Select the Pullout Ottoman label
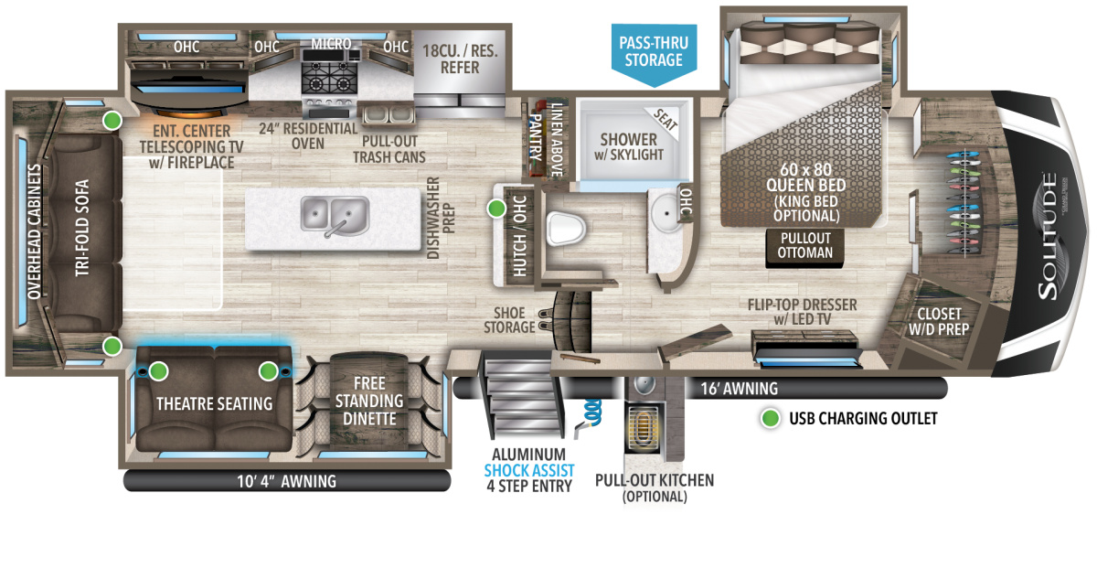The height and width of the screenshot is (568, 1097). click(x=805, y=245)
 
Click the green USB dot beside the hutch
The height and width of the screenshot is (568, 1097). click(x=496, y=209)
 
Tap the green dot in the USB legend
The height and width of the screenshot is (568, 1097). click(x=772, y=419)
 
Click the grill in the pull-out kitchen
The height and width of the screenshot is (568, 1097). click(x=644, y=426)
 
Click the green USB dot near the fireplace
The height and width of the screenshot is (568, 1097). click(x=112, y=119)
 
